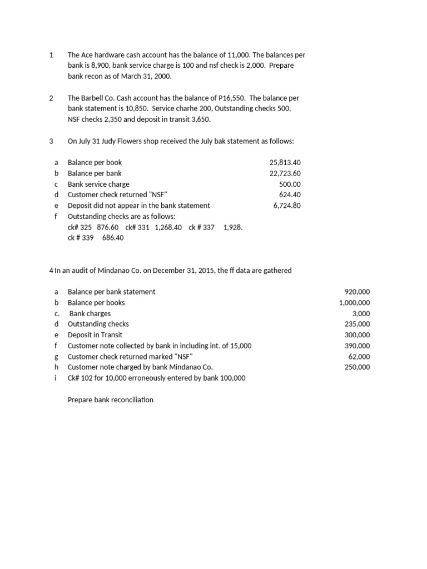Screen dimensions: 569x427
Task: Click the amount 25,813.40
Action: pos(285,163)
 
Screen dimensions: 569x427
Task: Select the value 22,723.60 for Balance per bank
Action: pos(285,173)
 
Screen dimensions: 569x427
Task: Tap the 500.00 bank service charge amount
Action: pos(289,184)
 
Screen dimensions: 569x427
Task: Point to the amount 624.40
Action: pos(289,194)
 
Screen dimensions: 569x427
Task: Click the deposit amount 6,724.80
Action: pos(287,206)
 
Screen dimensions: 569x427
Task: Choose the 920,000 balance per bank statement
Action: pos(357,292)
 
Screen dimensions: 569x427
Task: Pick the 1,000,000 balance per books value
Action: pos(354,303)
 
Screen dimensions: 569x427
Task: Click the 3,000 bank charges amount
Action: pos(361,313)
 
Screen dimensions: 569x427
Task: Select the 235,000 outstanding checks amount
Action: pos(357,324)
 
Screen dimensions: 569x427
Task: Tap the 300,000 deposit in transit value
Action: pos(357,335)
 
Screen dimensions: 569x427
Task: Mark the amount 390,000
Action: pos(357,346)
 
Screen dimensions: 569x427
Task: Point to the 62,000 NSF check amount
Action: pos(359,357)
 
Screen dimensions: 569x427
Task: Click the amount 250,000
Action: pos(357,367)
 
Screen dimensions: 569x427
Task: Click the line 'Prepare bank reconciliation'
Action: pos(110,400)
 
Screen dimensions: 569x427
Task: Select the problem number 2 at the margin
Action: pos(51,98)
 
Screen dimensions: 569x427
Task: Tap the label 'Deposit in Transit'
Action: pos(95,335)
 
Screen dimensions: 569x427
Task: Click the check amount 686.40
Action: pos(113,238)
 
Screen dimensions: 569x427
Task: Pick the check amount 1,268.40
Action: pos(168,227)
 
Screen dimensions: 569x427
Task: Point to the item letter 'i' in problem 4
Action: pos(56,378)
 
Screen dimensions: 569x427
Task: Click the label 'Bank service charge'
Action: pos(98,184)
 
